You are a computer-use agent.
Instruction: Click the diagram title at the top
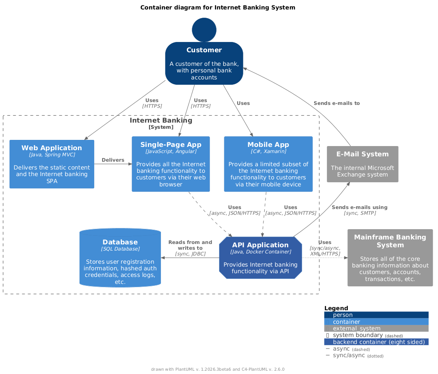(218, 7)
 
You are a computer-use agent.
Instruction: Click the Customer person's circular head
(204, 30)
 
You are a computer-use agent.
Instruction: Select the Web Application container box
(52, 164)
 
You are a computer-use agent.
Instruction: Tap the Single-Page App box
(171, 164)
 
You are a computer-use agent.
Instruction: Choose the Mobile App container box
(268, 164)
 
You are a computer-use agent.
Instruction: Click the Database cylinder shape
(120, 258)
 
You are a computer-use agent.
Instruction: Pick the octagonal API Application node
(260, 258)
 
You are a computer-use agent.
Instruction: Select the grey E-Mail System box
(362, 164)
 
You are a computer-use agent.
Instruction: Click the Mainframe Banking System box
(390, 258)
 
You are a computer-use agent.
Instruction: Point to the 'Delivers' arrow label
(113, 160)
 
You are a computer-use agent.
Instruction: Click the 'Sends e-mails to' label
(336, 103)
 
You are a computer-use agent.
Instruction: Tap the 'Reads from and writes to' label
(190, 245)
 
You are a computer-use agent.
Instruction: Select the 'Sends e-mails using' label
(359, 207)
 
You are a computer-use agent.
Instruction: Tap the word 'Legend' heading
(336, 308)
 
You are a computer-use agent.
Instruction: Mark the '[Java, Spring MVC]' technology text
(52, 155)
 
